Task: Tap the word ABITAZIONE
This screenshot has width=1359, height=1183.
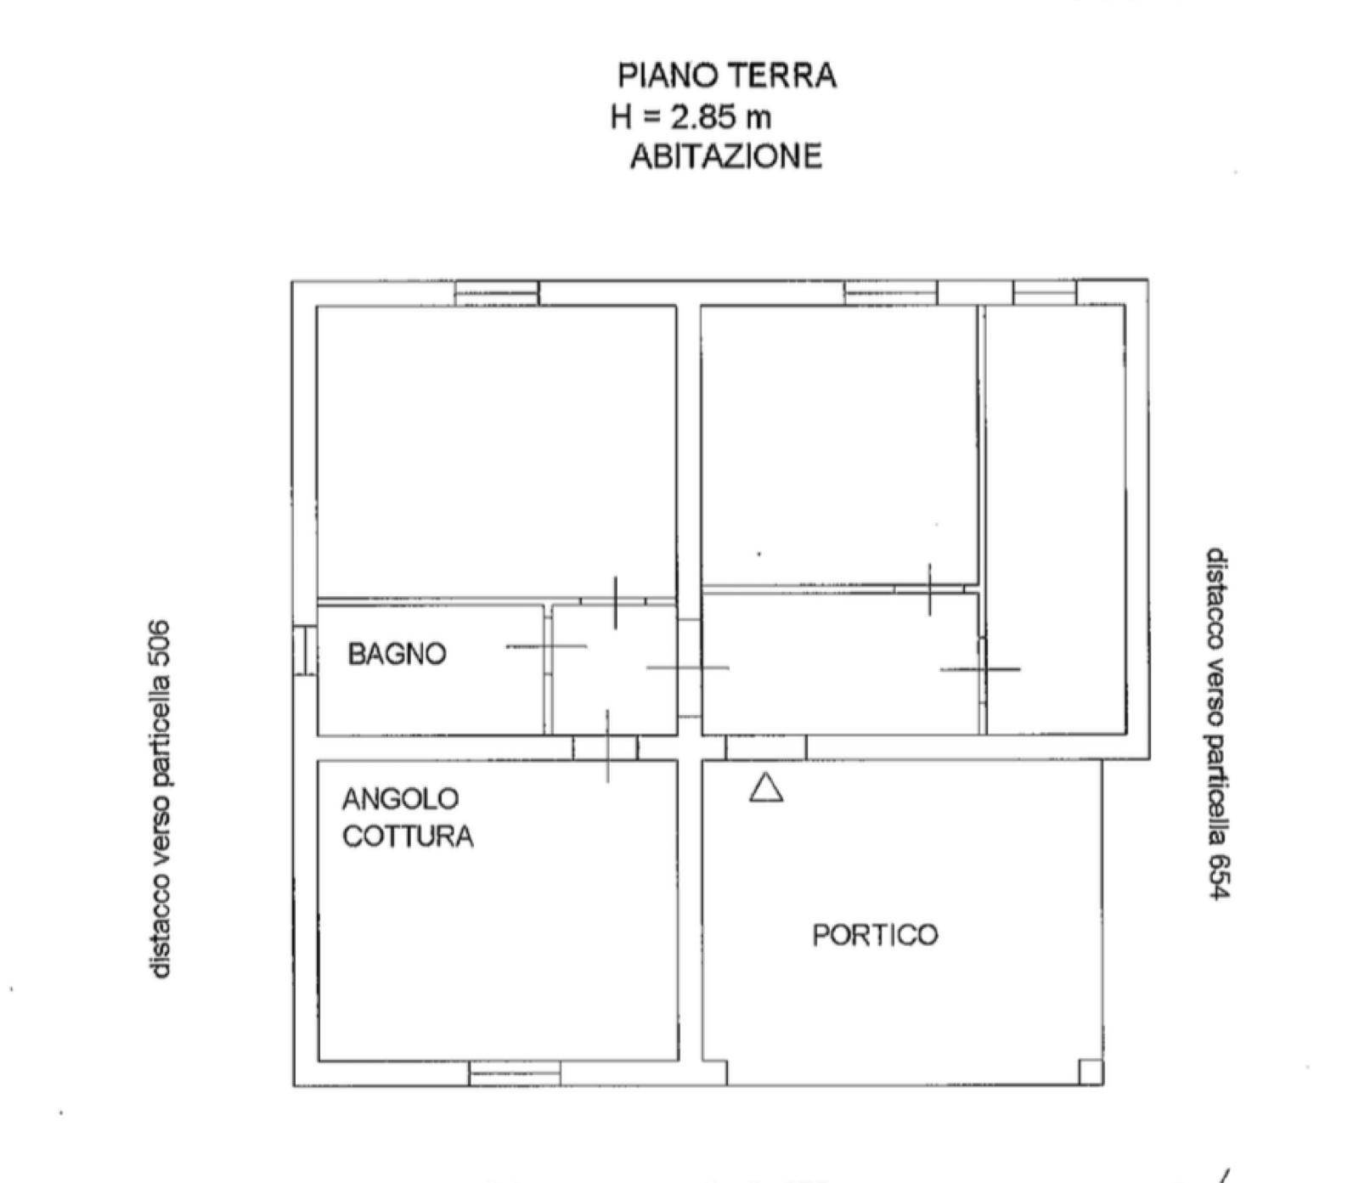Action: coord(726,156)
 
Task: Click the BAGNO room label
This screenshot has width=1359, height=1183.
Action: coord(397,654)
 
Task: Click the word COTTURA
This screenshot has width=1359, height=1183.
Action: coord(408,837)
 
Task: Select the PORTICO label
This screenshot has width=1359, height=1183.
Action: coord(875,935)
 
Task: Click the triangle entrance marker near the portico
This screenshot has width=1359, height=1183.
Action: coord(766,788)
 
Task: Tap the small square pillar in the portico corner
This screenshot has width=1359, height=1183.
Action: coord(1091,1072)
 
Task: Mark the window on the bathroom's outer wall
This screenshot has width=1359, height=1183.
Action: coord(304,651)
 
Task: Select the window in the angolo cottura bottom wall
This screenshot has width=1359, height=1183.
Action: coord(514,1074)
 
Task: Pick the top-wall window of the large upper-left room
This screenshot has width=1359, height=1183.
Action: coord(496,293)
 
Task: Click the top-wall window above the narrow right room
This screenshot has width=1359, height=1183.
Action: coord(1044,293)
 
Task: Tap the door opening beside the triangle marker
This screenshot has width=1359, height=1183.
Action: coord(765,747)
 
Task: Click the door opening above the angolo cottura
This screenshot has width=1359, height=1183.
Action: coord(605,747)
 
